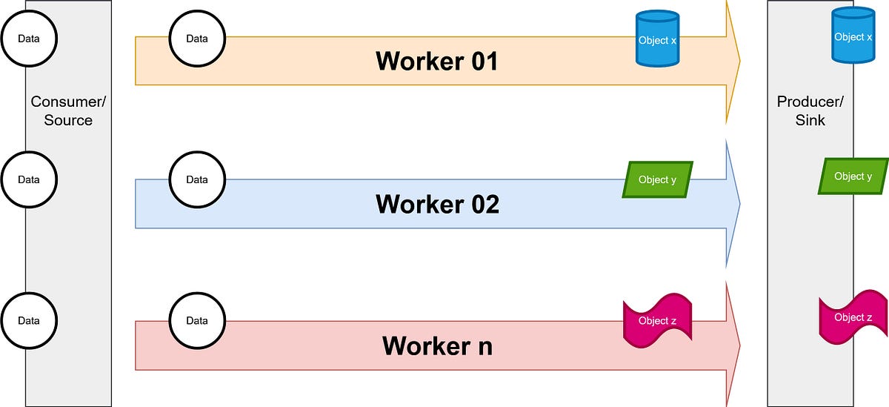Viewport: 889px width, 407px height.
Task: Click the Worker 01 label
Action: pyautogui.click(x=437, y=61)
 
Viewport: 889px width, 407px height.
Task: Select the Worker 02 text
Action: pyautogui.click(x=437, y=204)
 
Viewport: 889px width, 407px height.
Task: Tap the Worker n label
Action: pyautogui.click(x=437, y=345)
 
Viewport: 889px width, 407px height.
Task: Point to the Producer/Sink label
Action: pyautogui.click(x=810, y=110)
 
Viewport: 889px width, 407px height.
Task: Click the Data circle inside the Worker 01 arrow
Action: pyautogui.click(x=197, y=39)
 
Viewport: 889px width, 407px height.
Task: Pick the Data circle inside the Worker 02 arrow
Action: pyautogui.click(x=197, y=179)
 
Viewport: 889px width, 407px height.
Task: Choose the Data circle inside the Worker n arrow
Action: pyautogui.click(x=197, y=321)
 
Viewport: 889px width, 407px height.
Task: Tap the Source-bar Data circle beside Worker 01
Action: pyautogui.click(x=29, y=39)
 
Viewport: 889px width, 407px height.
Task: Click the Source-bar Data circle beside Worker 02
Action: pyautogui.click(x=29, y=179)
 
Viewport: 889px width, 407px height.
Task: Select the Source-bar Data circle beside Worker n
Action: pyautogui.click(x=29, y=321)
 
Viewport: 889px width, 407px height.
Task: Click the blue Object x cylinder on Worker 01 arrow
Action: pyautogui.click(x=658, y=39)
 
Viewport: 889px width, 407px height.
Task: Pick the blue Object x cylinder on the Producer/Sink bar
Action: pyautogui.click(x=853, y=36)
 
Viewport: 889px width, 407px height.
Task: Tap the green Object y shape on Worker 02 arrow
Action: pyautogui.click(x=657, y=179)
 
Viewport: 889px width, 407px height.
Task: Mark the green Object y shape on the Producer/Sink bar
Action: pyautogui.click(x=853, y=176)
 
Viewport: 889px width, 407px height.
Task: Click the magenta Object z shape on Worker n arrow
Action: pyautogui.click(x=657, y=320)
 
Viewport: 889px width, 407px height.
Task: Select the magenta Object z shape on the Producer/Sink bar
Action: pyautogui.click(x=853, y=317)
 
